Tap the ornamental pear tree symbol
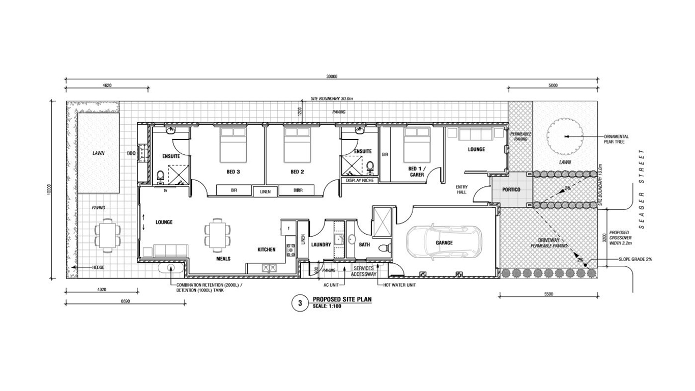coord(564,136)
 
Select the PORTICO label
coord(511,189)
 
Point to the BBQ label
coord(131,153)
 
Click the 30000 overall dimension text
coord(332,76)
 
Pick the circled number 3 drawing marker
coord(300,303)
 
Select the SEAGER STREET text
coord(642,189)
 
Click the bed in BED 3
coord(234,145)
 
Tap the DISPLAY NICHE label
coord(360,180)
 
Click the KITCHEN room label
coord(267,249)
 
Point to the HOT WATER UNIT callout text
coord(399,285)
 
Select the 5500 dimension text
coord(548,294)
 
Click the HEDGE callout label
coord(98,267)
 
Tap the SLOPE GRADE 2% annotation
coord(635,259)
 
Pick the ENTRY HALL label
coord(461,189)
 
